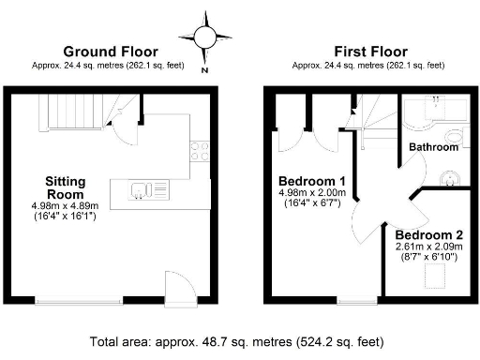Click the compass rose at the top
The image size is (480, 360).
point(204,36)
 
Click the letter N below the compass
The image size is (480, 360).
point(204,67)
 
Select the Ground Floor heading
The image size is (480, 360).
point(110,52)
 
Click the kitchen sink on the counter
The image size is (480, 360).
point(140,191)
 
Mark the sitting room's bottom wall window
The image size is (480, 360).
point(80,301)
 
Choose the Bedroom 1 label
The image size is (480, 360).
point(312,181)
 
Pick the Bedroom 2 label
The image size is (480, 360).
point(427,234)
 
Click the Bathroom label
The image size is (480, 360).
point(433,147)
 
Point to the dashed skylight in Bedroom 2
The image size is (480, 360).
point(436,275)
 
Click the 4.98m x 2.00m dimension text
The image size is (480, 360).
point(312,194)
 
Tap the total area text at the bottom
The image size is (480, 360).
point(240,342)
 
